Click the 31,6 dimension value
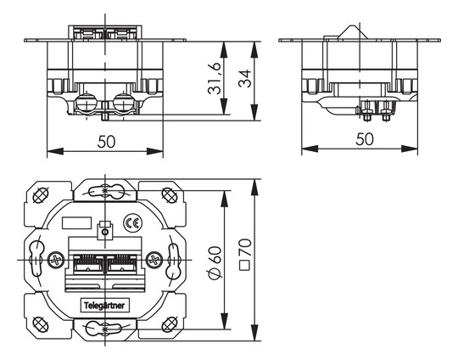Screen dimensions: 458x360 215,78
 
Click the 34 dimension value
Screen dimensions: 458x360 245,78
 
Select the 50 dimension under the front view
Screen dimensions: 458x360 106,141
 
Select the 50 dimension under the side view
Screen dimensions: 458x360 365,138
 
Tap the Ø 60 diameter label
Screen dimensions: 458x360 215,262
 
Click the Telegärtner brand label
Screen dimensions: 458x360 104,306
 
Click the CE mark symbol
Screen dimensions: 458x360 133,223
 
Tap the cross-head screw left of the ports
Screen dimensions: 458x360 56,260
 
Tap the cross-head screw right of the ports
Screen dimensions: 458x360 154,260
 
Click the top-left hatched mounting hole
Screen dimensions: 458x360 41,195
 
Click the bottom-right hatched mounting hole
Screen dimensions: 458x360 170,324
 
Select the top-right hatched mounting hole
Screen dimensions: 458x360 170,195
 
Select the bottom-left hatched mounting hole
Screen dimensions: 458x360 41,324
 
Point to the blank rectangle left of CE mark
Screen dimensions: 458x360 77,223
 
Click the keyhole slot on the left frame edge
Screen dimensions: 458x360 36,258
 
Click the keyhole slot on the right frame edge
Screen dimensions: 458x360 173,260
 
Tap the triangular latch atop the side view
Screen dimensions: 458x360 353,32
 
